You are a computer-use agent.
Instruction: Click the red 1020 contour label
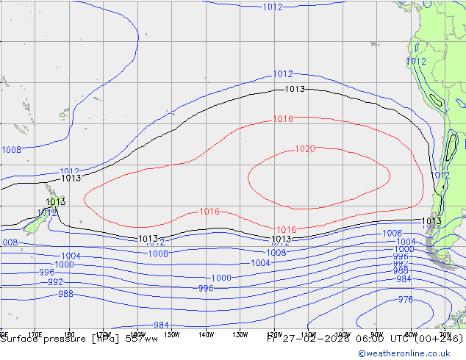[305, 149]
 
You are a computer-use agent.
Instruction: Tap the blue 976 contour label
[405, 300]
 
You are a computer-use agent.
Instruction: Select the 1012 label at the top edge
[272, 7]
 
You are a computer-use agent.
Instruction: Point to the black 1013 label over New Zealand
[56, 201]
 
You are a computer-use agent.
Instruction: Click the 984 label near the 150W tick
[162, 325]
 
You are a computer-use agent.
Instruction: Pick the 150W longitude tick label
[171, 335]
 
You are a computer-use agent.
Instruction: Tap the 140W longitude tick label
[206, 335]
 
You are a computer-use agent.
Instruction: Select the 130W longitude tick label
[240, 335]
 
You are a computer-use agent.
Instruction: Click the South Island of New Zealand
[33, 224]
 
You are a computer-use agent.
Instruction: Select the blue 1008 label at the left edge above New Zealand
[11, 150]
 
